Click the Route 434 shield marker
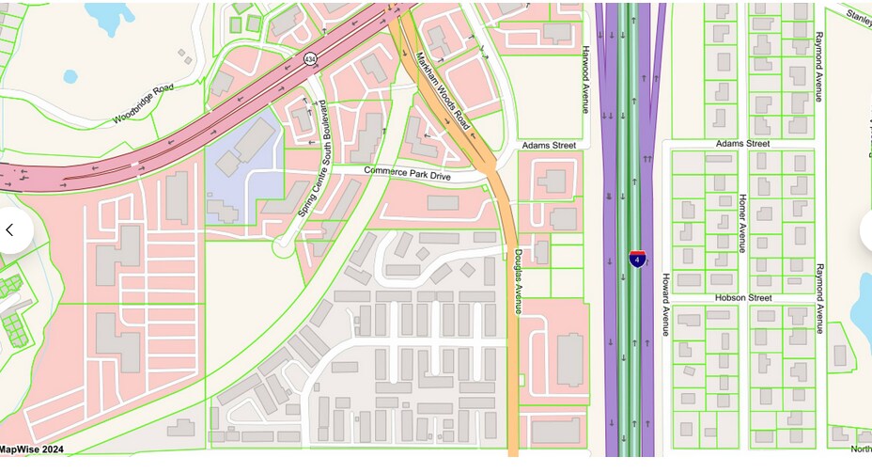click(x=311, y=59)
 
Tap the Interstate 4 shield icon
click(x=637, y=258)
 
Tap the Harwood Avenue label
click(x=584, y=80)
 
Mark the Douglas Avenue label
click(x=517, y=281)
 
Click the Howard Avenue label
click(x=665, y=305)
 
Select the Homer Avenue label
click(x=741, y=224)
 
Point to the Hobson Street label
click(x=742, y=297)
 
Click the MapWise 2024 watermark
click(x=32, y=449)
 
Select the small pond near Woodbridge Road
click(x=70, y=77)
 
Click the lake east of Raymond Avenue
click(x=862, y=310)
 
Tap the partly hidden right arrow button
click(x=865, y=230)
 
